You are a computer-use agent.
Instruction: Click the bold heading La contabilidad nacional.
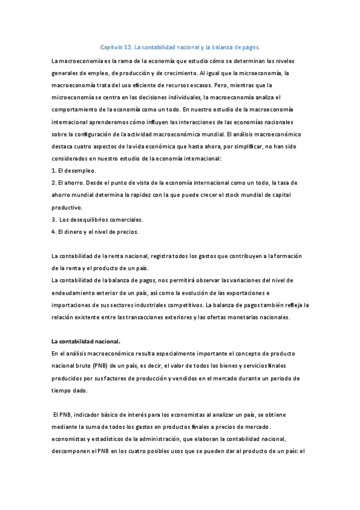coord(86,342)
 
